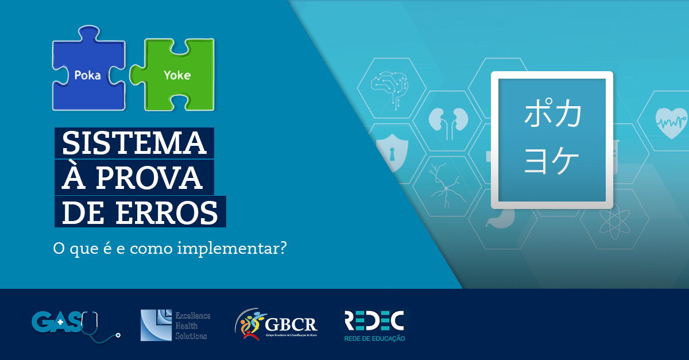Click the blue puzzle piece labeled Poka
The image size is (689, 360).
(88, 75)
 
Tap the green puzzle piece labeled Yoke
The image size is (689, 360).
(177, 75)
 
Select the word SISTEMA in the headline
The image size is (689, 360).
(134, 142)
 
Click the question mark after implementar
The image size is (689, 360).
(281, 250)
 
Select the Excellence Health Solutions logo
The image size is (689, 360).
(176, 325)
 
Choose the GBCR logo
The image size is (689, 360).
(276, 325)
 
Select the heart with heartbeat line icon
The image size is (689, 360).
(671, 122)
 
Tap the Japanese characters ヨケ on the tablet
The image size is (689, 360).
(552, 160)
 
